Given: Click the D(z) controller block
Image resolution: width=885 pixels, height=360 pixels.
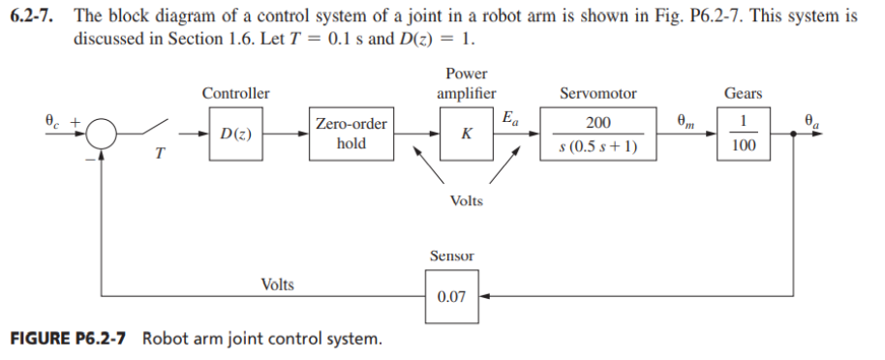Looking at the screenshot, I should (236, 133).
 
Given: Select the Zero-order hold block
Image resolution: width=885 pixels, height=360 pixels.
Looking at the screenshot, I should (351, 134).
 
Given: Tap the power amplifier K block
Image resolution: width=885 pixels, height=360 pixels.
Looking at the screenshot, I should (467, 134).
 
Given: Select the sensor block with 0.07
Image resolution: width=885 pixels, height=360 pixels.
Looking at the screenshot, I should (451, 296).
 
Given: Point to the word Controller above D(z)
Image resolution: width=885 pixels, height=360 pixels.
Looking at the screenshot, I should (235, 94).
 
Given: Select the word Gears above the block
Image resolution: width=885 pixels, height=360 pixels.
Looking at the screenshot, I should (744, 94).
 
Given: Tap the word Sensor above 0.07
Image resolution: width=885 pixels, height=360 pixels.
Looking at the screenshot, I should (450, 255).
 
